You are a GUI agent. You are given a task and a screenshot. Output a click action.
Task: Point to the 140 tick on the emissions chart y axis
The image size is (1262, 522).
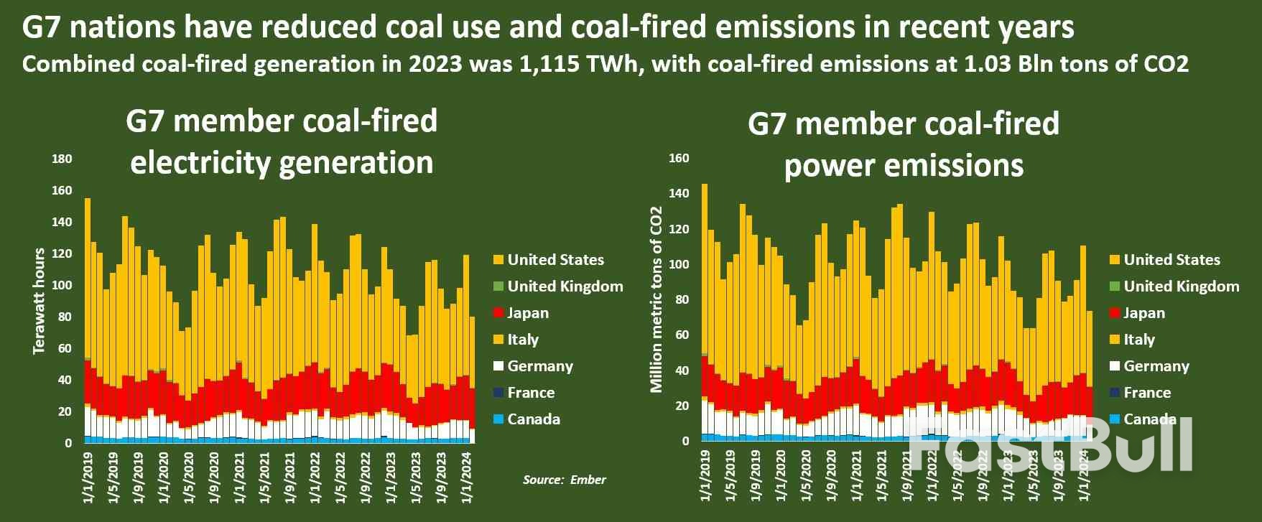(679, 194)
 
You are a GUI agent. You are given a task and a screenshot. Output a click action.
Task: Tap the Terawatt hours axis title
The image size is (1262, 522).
(40, 300)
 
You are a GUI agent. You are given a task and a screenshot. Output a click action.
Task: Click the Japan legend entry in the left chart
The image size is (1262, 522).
(527, 313)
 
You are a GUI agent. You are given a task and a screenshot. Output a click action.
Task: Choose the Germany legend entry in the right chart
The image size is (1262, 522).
(1156, 366)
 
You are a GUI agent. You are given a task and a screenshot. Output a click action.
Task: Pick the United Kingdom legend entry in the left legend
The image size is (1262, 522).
(565, 286)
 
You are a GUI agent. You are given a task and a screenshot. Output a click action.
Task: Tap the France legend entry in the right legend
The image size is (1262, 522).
(1146, 393)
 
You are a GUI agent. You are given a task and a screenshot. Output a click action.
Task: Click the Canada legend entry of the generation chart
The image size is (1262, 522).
(533, 419)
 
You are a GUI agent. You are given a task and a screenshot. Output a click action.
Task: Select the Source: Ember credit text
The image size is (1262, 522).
(564, 480)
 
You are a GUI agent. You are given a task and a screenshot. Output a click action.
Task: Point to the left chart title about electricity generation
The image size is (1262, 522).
(282, 141)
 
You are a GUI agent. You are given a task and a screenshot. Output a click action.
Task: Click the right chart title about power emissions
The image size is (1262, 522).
(903, 144)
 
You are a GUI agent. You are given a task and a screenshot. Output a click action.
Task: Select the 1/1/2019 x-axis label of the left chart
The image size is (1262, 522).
(88, 475)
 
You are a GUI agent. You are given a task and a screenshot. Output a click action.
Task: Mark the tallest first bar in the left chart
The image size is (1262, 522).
(88, 316)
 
